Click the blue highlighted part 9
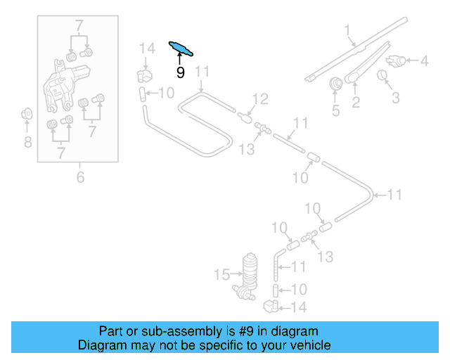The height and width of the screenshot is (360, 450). click(x=181, y=48)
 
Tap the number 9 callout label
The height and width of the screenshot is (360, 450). click(x=181, y=72)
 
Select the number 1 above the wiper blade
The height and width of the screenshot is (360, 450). click(x=347, y=30)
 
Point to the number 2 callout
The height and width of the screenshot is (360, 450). click(x=356, y=103)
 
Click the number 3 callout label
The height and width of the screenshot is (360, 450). click(x=395, y=97)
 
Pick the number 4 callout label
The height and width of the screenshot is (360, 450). click(x=424, y=62)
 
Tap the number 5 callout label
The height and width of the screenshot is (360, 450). click(x=335, y=110)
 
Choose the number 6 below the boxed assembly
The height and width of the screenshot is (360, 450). click(x=80, y=178)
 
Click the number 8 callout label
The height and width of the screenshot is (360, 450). click(x=27, y=143)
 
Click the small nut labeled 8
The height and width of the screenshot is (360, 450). click(x=27, y=112)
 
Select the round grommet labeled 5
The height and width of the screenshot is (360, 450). click(x=336, y=84)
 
